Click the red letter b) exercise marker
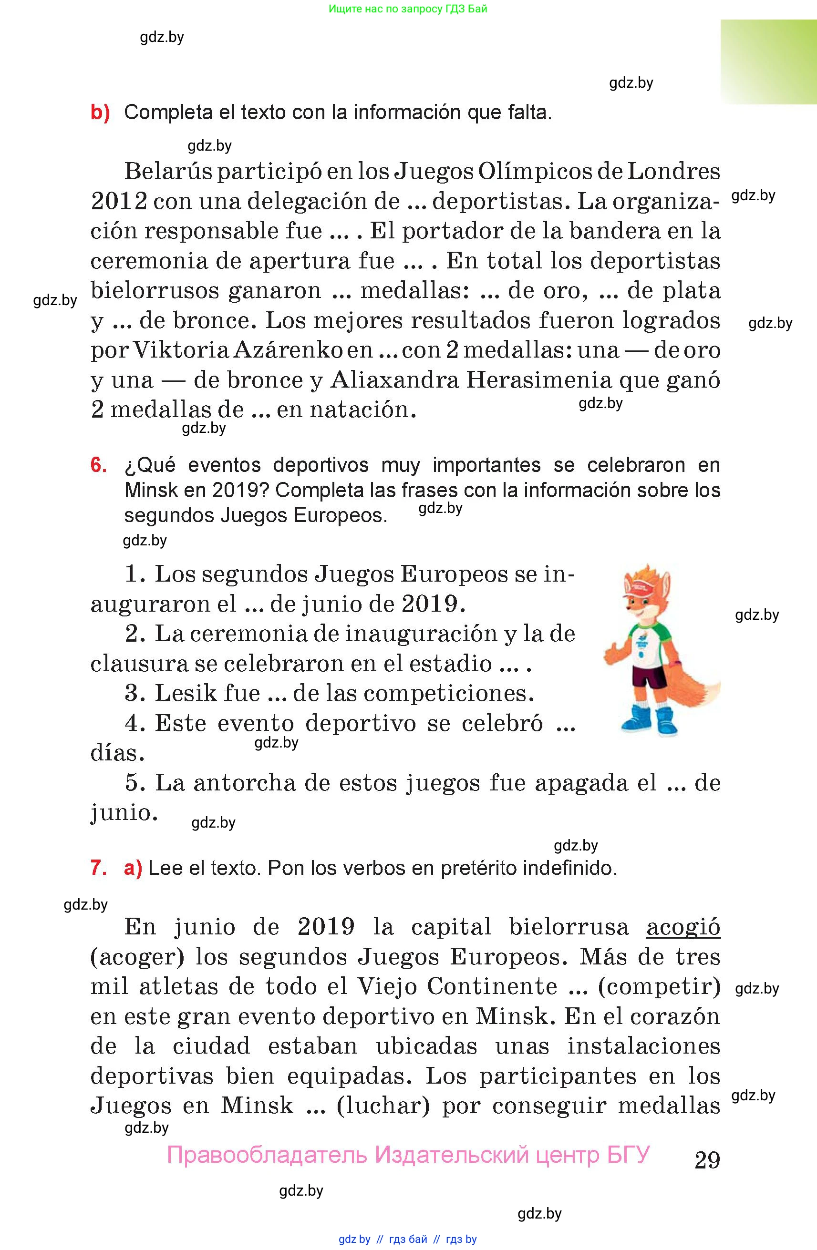tap(100, 113)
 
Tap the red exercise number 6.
tap(99, 465)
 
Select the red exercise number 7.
tap(99, 868)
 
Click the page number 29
tap(707, 1160)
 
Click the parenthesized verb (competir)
tap(660, 986)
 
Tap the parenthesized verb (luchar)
tap(383, 1106)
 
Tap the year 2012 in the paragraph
tap(119, 202)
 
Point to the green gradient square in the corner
tap(768, 62)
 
